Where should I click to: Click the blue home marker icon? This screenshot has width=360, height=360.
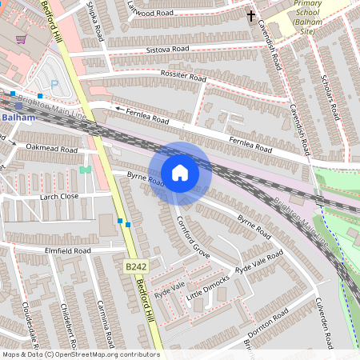180,173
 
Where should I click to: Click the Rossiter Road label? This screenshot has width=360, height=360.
183,78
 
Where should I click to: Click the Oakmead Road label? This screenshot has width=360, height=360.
51,149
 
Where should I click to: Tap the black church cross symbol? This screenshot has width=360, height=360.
250,15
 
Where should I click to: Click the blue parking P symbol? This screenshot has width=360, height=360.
54,83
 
